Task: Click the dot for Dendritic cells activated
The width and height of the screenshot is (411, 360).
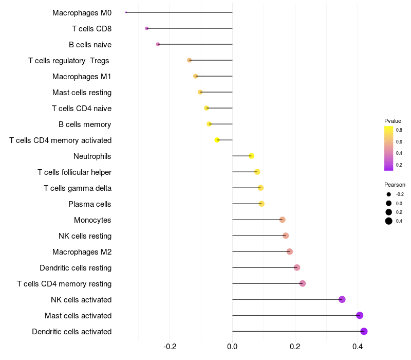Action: (x=364, y=331)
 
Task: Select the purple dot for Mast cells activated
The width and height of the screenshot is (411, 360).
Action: (x=360, y=315)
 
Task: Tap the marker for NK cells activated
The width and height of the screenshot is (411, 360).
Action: (x=342, y=299)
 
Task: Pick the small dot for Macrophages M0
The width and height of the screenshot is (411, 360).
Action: (x=126, y=12)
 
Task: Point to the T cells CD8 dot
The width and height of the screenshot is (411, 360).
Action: (x=147, y=28)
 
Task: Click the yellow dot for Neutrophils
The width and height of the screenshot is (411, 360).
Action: (x=251, y=156)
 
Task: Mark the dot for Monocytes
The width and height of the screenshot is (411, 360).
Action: (x=282, y=220)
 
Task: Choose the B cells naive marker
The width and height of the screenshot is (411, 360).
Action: (x=158, y=44)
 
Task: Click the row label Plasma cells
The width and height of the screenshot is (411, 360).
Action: (x=90, y=204)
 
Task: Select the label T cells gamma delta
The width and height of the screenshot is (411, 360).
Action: (x=78, y=188)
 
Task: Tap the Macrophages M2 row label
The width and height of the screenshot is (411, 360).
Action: (x=82, y=252)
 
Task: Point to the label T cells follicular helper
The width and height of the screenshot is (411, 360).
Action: (x=74, y=172)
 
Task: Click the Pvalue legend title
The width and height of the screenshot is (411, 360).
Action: (x=393, y=121)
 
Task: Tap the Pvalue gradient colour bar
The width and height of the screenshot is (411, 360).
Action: (x=389, y=148)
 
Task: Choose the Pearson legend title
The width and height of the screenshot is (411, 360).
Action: (x=395, y=185)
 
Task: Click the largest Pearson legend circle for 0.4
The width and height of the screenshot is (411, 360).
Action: (x=389, y=221)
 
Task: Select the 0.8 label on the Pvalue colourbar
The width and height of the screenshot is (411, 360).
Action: (x=399, y=130)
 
